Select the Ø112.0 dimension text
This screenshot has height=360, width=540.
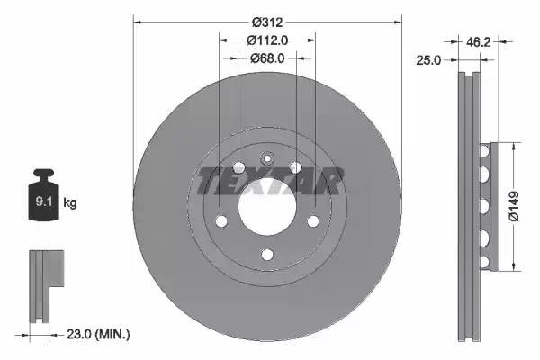[x=267, y=40]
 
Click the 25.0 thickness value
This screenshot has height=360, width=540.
[x=430, y=61]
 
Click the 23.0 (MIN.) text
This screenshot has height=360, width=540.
[x=100, y=334]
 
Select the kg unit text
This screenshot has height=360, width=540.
[x=70, y=203]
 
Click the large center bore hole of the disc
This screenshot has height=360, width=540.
[x=267, y=210]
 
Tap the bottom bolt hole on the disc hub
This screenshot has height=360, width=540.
[x=267, y=256]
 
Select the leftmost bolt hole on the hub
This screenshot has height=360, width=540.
[x=220, y=221]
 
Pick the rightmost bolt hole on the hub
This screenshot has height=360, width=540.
[x=313, y=221]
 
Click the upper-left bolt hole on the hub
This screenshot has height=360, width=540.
[x=238, y=167]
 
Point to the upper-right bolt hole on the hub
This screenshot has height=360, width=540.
[x=296, y=167]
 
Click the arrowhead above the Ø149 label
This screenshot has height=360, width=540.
[x=514, y=146]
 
